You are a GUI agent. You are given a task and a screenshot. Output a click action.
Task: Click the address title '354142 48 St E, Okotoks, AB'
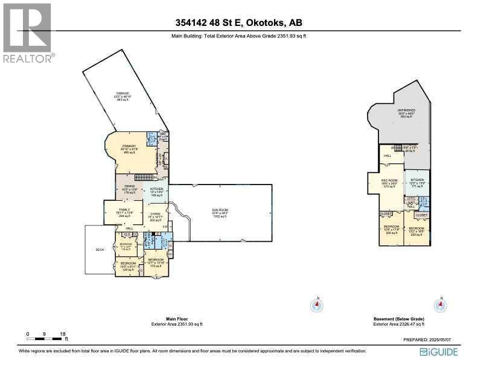pos(238,24)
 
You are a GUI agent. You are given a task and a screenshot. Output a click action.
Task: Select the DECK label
pos(100,250)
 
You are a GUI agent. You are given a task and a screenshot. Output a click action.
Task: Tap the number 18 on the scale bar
pos(62,333)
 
